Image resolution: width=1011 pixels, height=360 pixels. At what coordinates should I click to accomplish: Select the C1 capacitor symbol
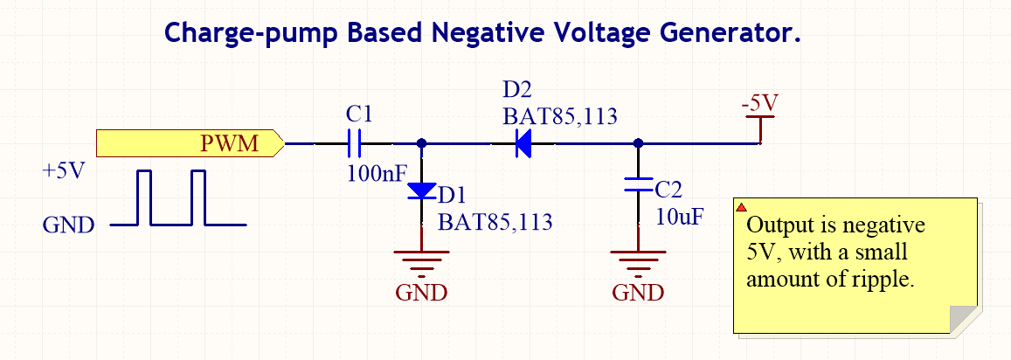355,142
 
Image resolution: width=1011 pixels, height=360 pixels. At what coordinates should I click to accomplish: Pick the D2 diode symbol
523,142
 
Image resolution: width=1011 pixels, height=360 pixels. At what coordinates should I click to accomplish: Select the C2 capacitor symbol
638,184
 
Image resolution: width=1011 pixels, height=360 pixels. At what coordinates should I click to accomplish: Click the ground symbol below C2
638,260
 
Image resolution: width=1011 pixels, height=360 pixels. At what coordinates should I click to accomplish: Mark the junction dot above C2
638,142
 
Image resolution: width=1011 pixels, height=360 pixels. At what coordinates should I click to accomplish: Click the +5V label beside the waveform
63,170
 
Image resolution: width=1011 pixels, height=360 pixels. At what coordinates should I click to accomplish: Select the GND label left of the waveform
68,225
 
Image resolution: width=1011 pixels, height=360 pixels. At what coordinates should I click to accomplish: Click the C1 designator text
359,114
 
